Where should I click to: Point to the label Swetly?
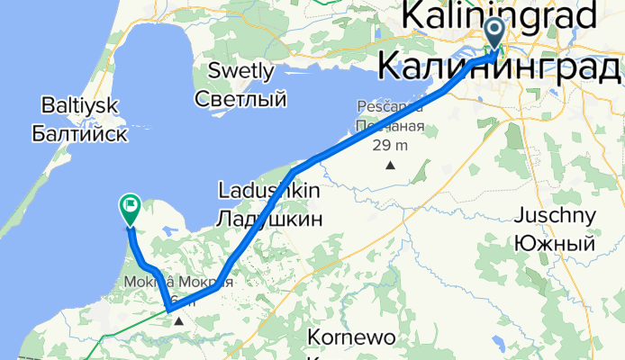240,70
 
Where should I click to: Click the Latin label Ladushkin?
267,191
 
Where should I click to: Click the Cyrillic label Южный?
554,243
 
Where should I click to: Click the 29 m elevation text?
390,145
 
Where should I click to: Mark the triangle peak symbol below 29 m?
390,166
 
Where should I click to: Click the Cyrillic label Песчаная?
389,125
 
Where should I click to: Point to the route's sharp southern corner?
168,310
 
